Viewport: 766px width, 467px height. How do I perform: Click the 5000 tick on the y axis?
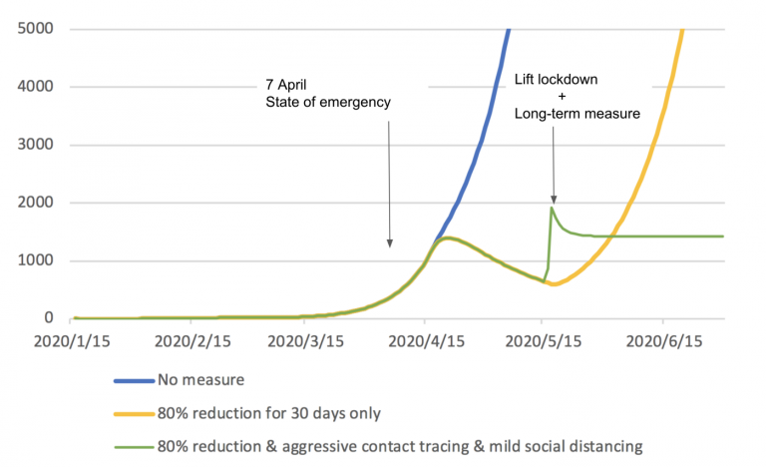pos(34,28)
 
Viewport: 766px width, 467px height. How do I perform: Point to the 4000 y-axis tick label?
pos(34,87)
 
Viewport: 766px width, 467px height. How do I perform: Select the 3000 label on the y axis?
pos(34,145)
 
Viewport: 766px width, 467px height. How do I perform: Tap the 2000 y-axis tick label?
pos(34,203)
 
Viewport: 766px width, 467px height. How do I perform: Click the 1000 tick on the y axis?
pos(34,260)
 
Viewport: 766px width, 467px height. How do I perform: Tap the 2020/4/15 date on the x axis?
pos(424,341)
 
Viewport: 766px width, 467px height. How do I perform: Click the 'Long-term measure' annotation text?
pos(576,114)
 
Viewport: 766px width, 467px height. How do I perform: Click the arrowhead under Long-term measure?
pos(553,199)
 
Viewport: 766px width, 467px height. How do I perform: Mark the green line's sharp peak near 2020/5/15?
pos(551,208)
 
